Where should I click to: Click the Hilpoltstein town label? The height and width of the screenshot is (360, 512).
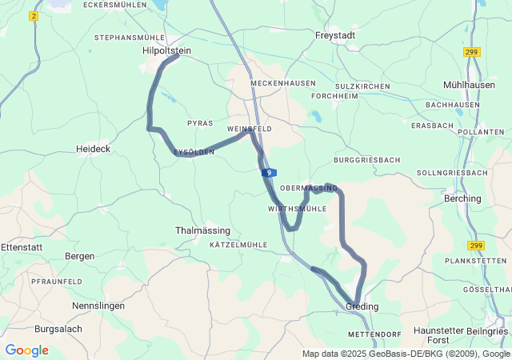[167, 50]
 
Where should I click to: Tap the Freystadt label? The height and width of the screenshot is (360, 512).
[335, 35]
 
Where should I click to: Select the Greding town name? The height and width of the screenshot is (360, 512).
[362, 306]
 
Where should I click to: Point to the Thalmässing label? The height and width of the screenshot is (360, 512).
[202, 230]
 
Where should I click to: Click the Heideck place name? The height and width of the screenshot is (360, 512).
[93, 149]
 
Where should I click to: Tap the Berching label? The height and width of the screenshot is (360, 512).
[462, 198]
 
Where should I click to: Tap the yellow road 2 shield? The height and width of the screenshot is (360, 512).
[34, 16]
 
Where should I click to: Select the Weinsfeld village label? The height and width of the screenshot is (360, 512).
[250, 129]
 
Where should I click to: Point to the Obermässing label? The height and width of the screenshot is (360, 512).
[309, 187]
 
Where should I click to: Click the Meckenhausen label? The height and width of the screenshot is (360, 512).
[282, 83]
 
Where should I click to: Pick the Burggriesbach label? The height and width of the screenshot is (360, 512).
[366, 160]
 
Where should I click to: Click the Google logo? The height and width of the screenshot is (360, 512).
[26, 350]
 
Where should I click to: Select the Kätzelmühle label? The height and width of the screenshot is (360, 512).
[238, 244]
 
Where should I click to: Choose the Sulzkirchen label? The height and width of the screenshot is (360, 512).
[362, 86]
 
